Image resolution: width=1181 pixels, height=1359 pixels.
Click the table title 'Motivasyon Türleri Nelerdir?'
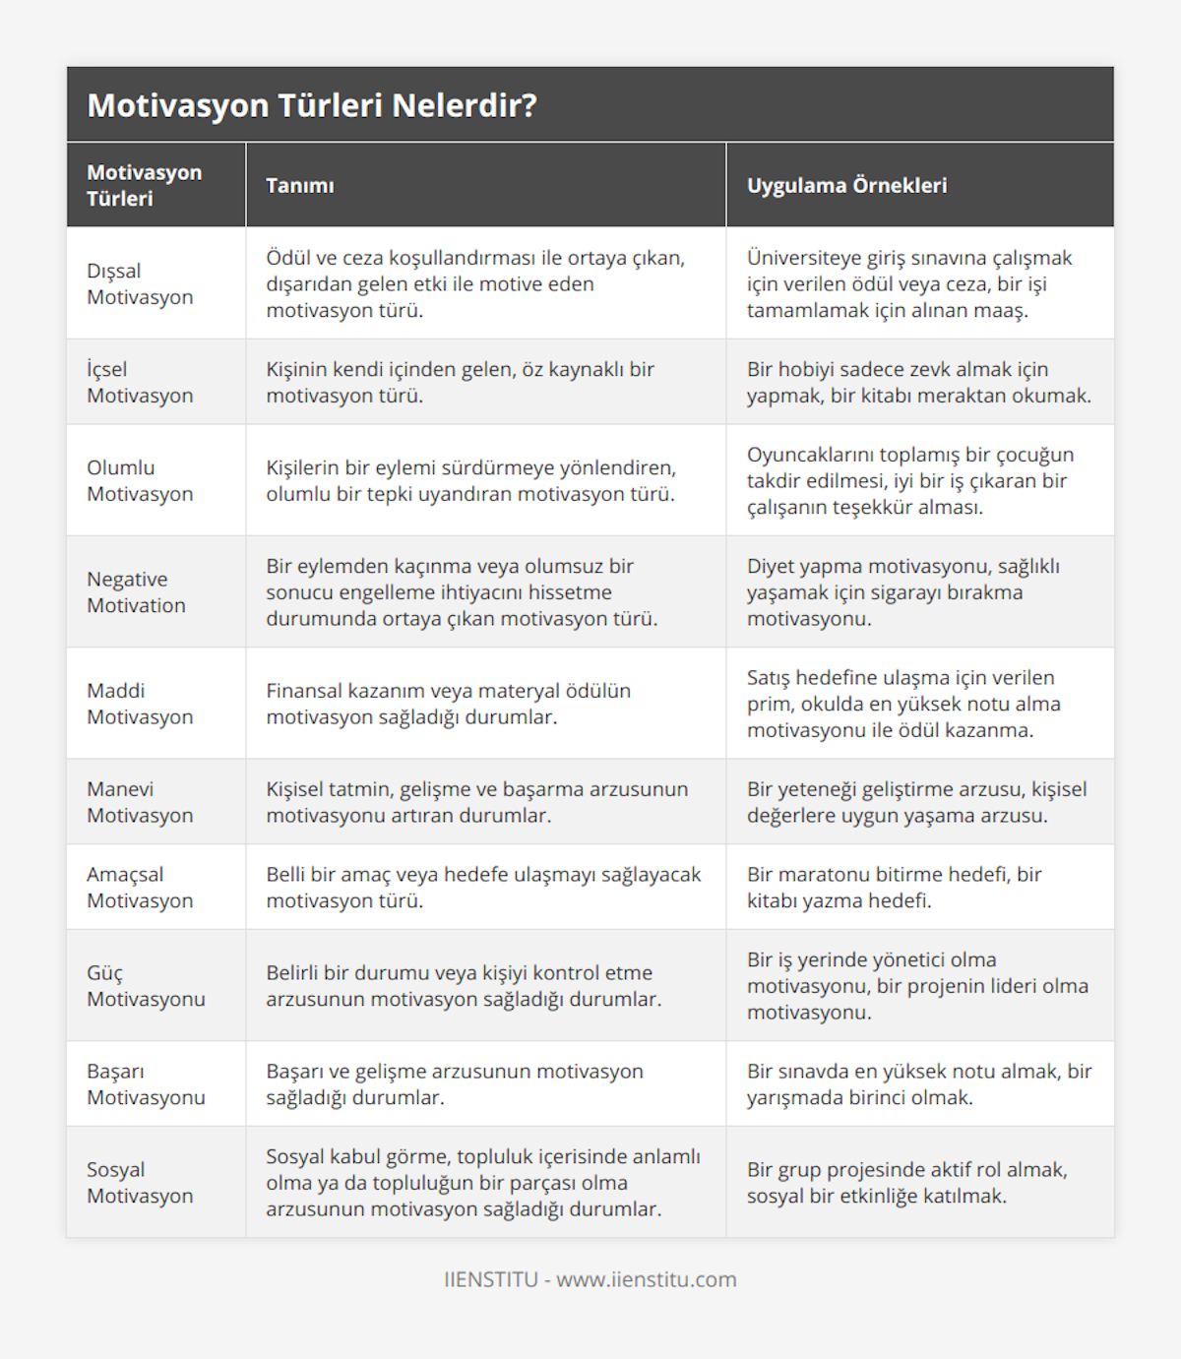tap(312, 105)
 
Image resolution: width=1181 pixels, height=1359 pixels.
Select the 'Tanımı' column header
tap(300, 186)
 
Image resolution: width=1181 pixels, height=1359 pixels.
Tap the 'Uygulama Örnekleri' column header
tap(846, 186)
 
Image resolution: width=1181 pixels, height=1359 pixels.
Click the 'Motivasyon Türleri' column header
tap(145, 185)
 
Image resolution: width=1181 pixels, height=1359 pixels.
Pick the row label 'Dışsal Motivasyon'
tap(140, 284)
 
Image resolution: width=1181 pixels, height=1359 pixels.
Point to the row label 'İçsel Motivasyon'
tap(140, 383)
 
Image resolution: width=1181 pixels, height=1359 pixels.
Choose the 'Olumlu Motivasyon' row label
tap(140, 481)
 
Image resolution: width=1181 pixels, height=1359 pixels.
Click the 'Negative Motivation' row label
tap(136, 592)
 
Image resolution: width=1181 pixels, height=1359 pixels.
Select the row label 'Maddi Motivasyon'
tap(140, 704)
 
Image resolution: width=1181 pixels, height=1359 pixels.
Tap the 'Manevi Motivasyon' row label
tap(140, 802)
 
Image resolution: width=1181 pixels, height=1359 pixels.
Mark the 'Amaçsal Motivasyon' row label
tap(140, 888)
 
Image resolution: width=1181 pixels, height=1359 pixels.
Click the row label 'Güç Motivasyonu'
tap(146, 986)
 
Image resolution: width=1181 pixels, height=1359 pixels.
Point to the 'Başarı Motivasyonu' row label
tap(146, 1084)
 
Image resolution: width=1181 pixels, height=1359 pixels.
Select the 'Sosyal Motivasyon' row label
tap(140, 1183)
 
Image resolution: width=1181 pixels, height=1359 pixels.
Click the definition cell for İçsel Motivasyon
tap(460, 383)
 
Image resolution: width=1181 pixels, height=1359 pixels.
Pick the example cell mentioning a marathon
tap(894, 888)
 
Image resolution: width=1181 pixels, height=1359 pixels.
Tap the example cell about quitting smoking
tap(902, 592)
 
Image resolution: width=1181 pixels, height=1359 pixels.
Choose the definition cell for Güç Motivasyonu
tap(464, 986)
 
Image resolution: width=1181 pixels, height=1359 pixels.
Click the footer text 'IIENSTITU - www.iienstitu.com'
tap(590, 1279)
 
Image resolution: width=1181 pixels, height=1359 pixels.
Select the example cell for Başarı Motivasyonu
tap(918, 1084)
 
